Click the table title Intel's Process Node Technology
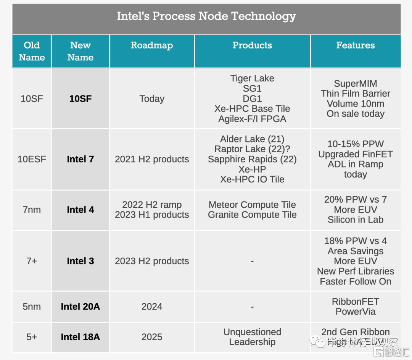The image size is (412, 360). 206,16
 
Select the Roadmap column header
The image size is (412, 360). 152,45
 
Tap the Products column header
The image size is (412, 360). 252,45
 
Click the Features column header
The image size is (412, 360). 355,45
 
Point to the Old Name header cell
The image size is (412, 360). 32,51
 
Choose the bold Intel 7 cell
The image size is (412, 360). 80,159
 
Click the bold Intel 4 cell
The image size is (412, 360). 80,210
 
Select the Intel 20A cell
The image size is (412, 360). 80,307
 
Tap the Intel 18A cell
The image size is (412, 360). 80,337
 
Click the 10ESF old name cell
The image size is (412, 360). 32,159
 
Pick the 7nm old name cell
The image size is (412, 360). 32,210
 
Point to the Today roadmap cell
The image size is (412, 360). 152,98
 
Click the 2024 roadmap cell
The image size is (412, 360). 152,307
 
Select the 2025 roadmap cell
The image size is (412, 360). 152,337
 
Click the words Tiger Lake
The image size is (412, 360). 252,78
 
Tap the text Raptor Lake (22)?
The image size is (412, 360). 252,149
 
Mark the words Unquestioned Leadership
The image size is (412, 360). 252,337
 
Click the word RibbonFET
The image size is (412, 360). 355,302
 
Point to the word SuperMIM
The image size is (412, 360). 355,84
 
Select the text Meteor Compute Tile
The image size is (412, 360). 252,205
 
